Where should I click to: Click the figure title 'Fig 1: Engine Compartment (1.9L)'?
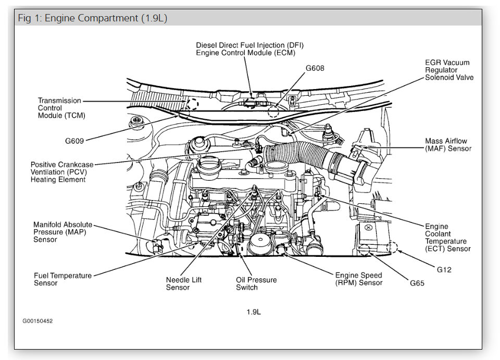pyautogui.click(x=92, y=18)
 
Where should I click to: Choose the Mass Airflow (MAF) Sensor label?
pyautogui.click(x=448, y=145)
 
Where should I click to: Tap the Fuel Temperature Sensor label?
pyautogui.click(x=63, y=279)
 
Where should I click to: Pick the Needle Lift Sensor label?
pyautogui.click(x=184, y=283)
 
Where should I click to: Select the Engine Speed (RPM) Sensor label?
pyautogui.click(x=358, y=279)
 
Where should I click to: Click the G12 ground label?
pyautogui.click(x=444, y=270)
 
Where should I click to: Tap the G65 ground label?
pyautogui.click(x=417, y=283)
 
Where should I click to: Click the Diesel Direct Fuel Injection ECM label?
pyautogui.click(x=249, y=49)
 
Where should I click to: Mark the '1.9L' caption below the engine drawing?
pyautogui.click(x=254, y=312)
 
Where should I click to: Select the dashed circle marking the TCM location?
pyautogui.click(x=192, y=103)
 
